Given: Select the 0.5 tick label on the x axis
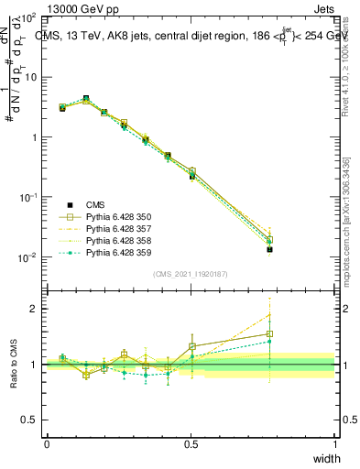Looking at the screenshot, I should [191, 444].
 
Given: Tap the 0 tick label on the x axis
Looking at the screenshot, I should [47, 444].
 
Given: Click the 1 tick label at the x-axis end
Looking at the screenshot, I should [334, 444].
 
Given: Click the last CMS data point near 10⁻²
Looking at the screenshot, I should [269, 249].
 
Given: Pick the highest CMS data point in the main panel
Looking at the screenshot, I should [85, 98].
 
